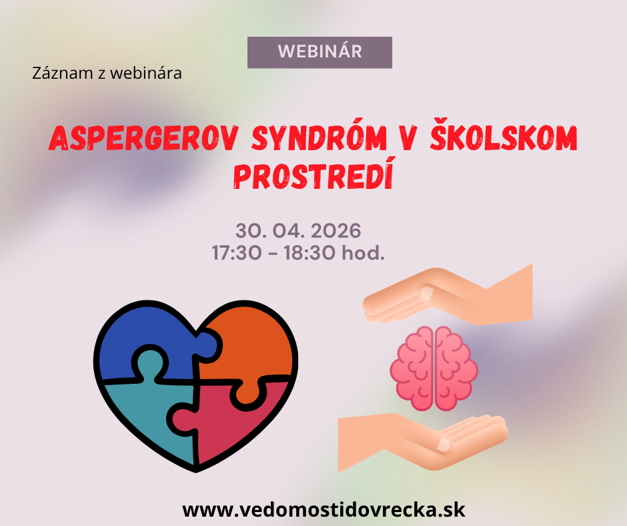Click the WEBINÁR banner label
click(x=320, y=52)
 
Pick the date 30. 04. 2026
click(x=298, y=231)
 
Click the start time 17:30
click(x=236, y=253)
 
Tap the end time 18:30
click(x=309, y=253)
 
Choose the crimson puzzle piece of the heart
click(x=232, y=425)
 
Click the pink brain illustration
click(x=434, y=368)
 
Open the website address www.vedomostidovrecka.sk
click(x=324, y=510)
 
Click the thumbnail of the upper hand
click(x=427, y=294)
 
